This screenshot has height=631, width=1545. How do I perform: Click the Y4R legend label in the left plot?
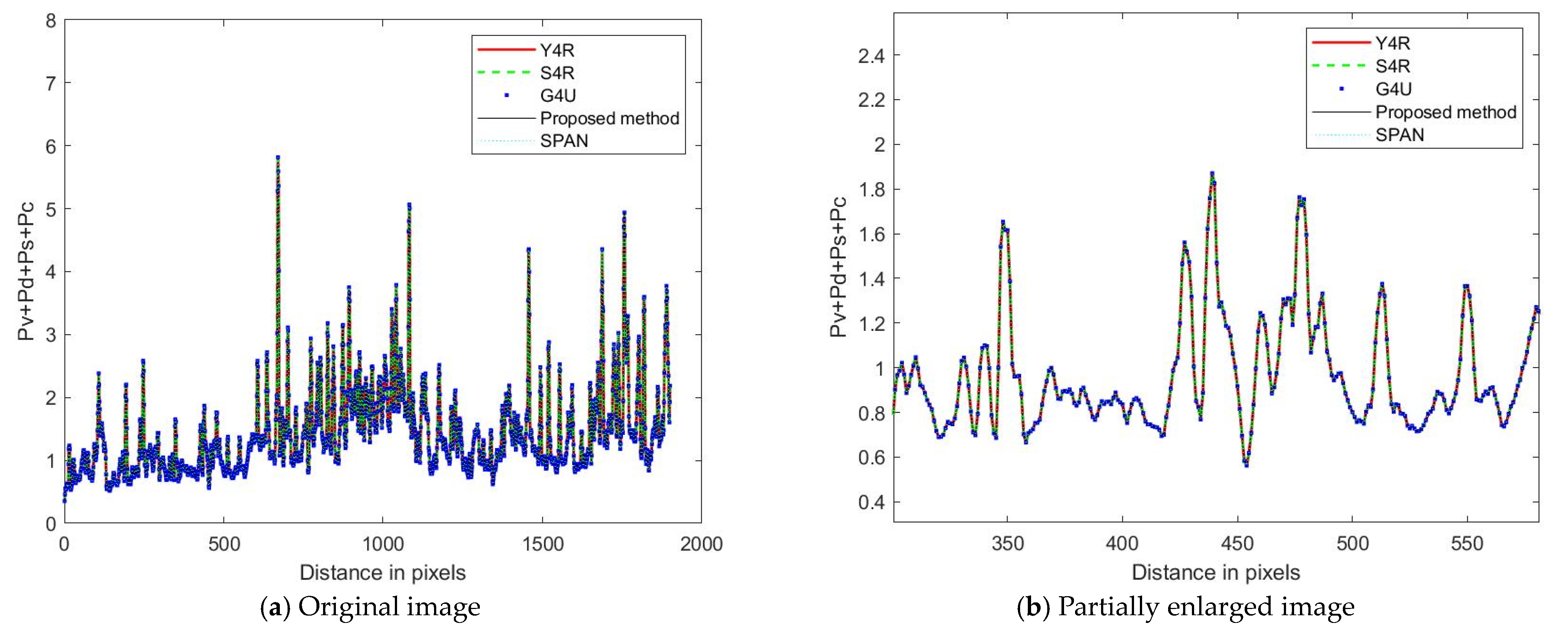pyautogui.click(x=557, y=50)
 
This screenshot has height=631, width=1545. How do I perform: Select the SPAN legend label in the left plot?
pyautogui.click(x=564, y=141)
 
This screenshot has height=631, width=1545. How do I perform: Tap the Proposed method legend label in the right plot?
pyautogui.click(x=1445, y=112)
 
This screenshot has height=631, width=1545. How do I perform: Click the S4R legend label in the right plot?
pyautogui.click(x=1393, y=66)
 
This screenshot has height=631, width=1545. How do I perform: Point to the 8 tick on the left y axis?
pyautogui.click(x=51, y=21)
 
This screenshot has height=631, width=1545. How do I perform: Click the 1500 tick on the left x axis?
pyautogui.click(x=542, y=544)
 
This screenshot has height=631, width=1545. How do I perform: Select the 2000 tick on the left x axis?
pyautogui.click(x=701, y=544)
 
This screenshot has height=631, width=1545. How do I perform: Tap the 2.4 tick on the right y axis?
pyautogui.click(x=871, y=56)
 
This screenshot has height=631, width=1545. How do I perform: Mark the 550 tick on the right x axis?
pyautogui.click(x=1467, y=544)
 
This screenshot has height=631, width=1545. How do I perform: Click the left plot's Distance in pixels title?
pyautogui.click(x=383, y=573)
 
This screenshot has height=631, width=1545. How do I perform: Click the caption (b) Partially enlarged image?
pyautogui.click(x=1186, y=607)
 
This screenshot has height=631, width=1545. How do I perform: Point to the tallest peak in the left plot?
pyautogui.click(x=278, y=157)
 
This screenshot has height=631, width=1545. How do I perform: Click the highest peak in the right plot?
pyautogui.click(x=1212, y=173)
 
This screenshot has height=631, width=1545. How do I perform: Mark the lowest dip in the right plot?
pyautogui.click(x=1246, y=464)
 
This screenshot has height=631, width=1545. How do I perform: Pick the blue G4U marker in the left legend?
pyautogui.click(x=507, y=95)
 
